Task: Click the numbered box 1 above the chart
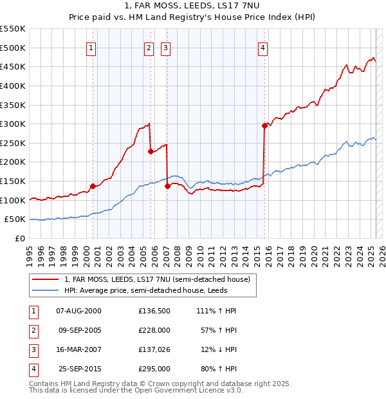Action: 91,48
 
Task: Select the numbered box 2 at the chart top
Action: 149,48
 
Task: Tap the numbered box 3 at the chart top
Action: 165,48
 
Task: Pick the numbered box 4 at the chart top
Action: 263,48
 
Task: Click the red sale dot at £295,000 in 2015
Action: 264,126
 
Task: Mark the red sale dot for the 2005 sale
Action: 151,152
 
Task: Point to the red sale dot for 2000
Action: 93,186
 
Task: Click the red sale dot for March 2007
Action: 167,186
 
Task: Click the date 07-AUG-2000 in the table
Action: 78,311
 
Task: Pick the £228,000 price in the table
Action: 154,330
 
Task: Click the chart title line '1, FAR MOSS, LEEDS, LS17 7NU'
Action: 192,6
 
